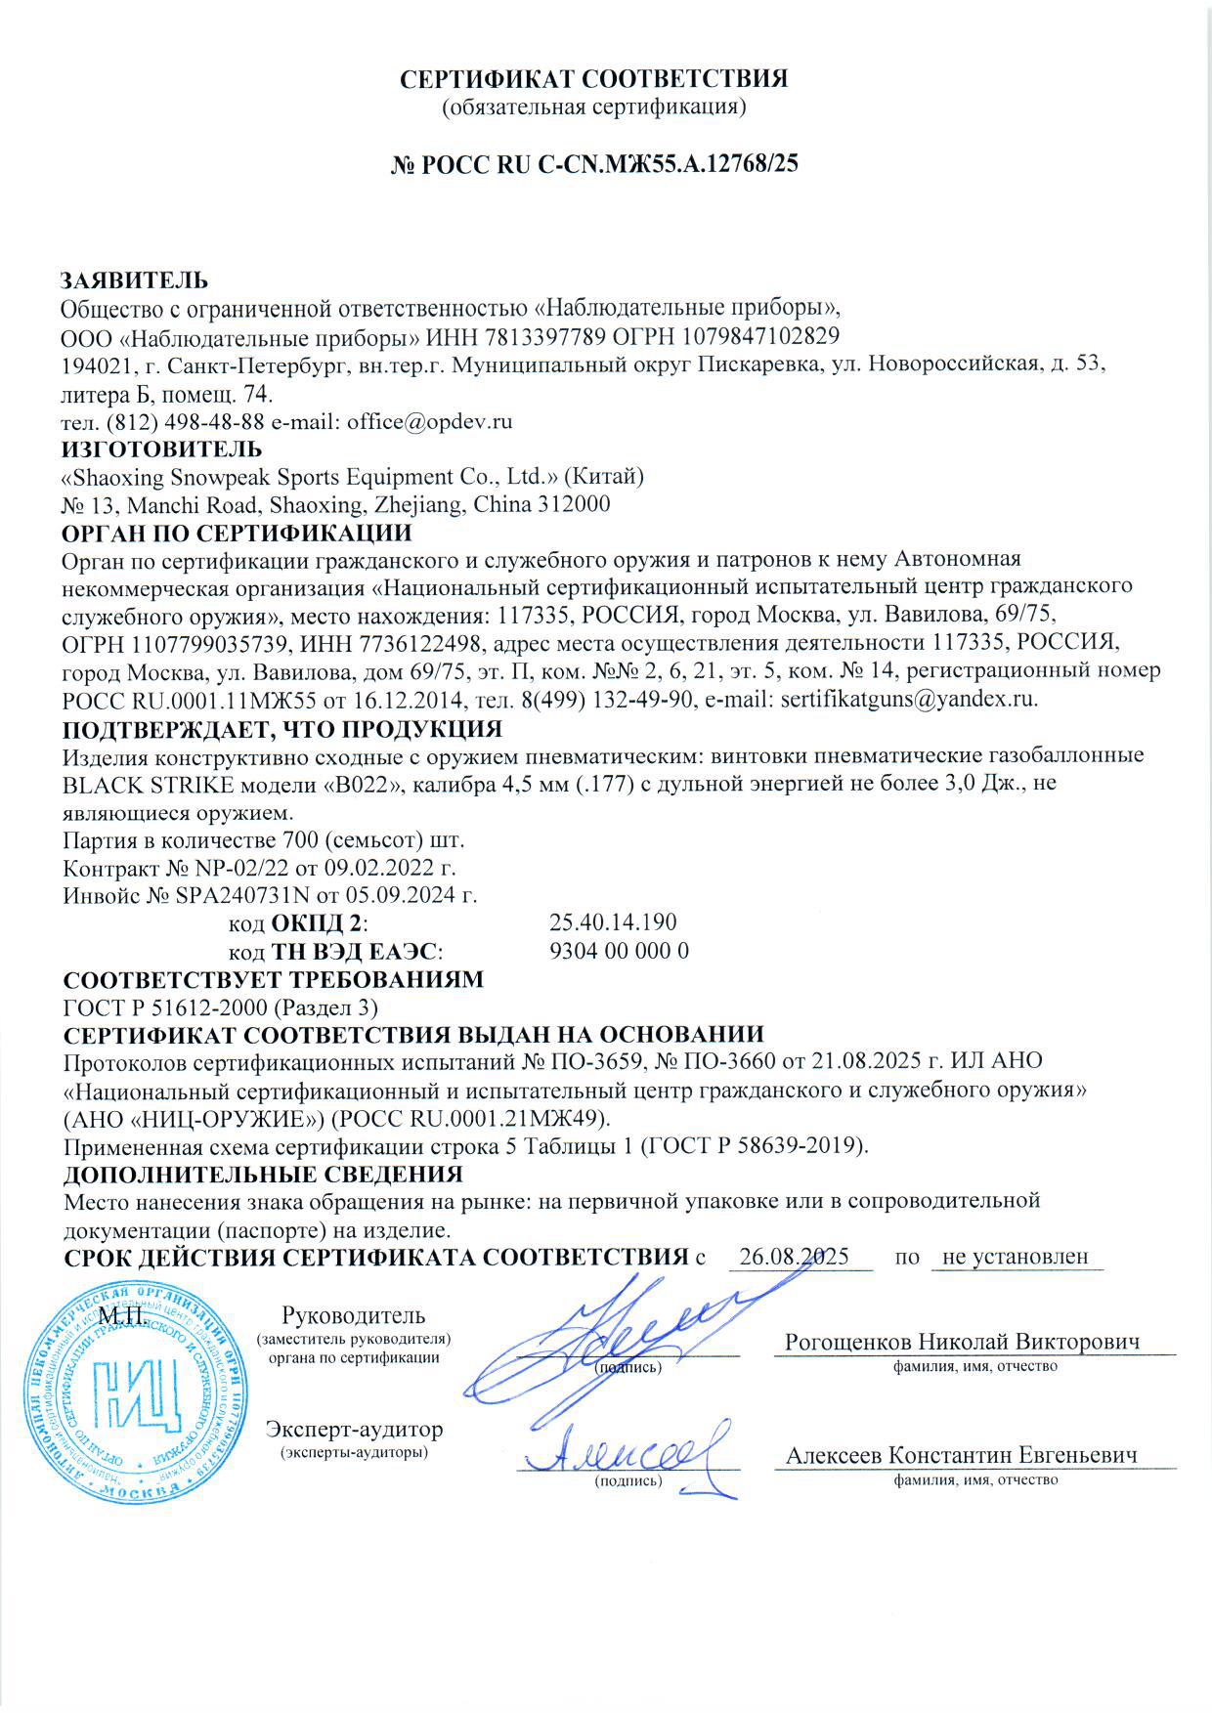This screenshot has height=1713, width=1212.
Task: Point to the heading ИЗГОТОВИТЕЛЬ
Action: click(162, 450)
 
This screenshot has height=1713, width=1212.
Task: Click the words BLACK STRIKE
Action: click(149, 785)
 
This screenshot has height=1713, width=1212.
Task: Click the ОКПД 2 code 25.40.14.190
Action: click(613, 923)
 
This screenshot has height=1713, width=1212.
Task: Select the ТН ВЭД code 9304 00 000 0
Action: click(620, 951)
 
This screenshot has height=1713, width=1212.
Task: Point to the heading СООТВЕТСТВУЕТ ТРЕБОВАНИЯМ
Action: click(274, 979)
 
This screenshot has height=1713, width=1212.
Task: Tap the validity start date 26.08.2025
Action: click(794, 1257)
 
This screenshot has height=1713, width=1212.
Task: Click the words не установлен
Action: click(1016, 1257)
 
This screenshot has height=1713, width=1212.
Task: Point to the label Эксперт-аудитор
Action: click(354, 1430)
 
